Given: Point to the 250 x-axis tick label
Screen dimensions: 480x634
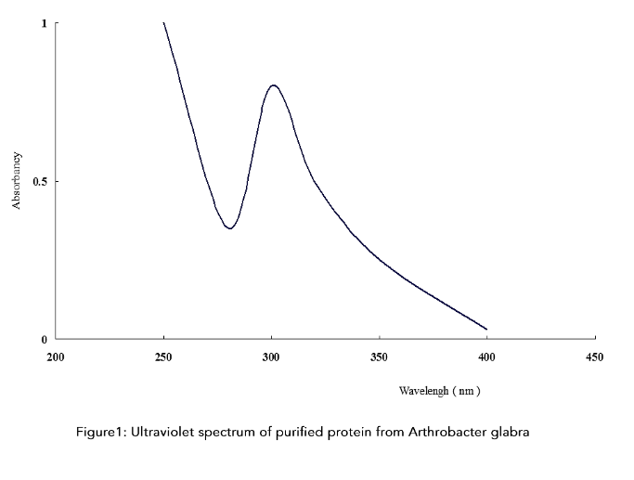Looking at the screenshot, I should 163,357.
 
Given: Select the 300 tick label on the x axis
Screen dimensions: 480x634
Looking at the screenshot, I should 271,357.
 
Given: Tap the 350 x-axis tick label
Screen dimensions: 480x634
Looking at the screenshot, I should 379,357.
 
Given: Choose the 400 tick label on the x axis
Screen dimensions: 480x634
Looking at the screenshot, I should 486,357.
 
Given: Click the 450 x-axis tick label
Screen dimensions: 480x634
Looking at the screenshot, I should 594,357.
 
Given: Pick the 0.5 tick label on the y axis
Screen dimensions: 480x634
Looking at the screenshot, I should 40,181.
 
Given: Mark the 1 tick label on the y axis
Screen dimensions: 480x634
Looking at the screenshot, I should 44,23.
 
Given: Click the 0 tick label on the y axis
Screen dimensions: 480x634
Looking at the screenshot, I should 44,339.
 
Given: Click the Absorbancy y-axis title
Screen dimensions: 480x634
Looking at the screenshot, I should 17,181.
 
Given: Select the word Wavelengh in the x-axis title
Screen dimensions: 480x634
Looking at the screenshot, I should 423,391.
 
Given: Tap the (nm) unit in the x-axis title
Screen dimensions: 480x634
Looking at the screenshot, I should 466,391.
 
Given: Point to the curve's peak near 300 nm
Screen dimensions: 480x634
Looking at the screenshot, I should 274,85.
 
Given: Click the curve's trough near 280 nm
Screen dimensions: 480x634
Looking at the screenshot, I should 228,228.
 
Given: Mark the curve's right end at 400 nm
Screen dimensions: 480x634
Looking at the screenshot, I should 486,329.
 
